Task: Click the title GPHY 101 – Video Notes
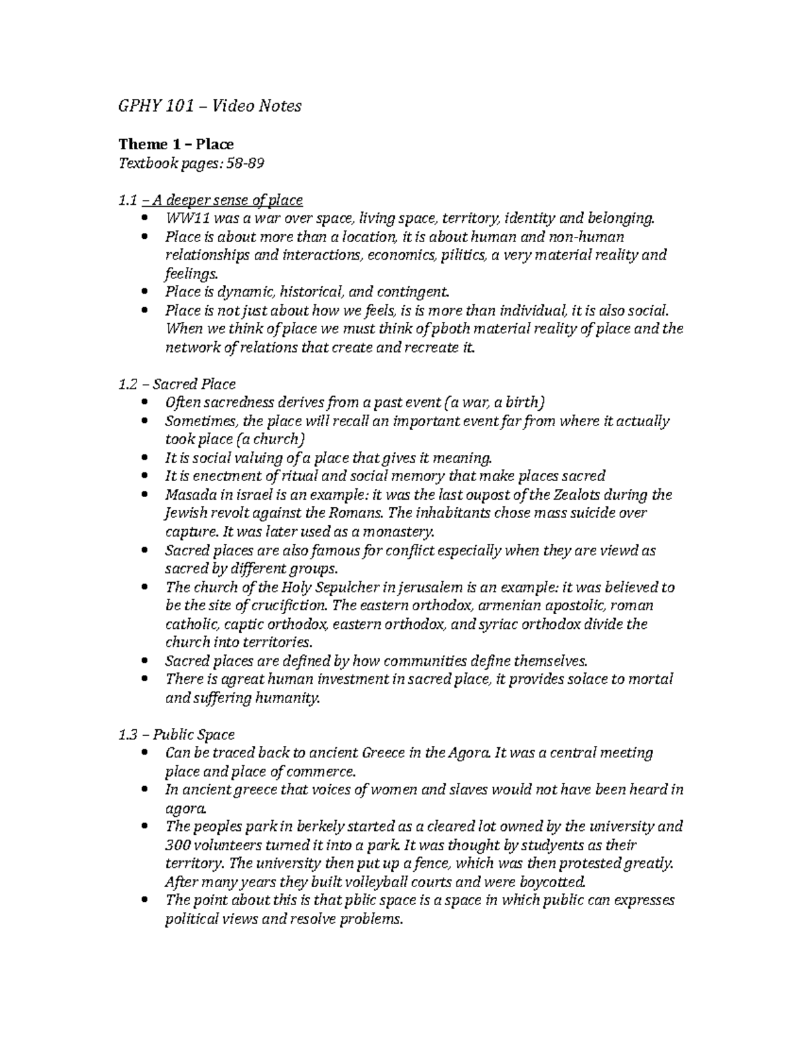tap(209, 106)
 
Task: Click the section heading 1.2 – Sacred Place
tap(177, 384)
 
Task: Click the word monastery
tap(400, 532)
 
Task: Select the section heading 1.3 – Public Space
tap(176, 735)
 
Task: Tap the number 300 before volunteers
tap(177, 845)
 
